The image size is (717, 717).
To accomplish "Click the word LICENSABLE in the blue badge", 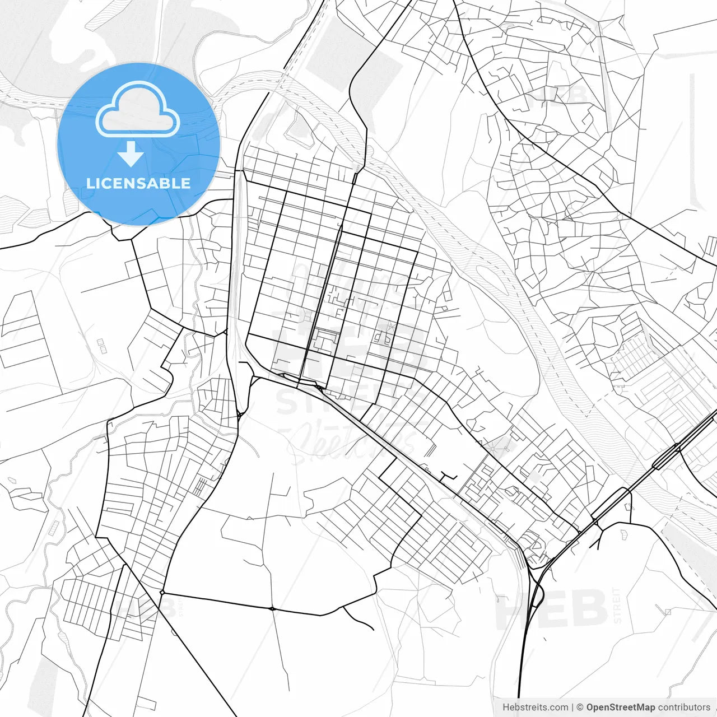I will click(138, 183).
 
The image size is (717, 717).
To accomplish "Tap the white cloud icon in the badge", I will click(138, 110).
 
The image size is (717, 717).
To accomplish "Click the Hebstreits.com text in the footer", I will click(535, 707).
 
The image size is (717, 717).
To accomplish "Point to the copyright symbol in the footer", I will click(580, 707).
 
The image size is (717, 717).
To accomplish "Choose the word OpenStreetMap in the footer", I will click(621, 707).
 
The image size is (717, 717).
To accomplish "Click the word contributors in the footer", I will click(684, 707).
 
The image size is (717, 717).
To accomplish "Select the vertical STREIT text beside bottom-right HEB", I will click(617, 606).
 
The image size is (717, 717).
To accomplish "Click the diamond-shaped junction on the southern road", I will click(162, 592).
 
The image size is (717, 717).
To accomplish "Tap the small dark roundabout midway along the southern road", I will click(272, 608).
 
